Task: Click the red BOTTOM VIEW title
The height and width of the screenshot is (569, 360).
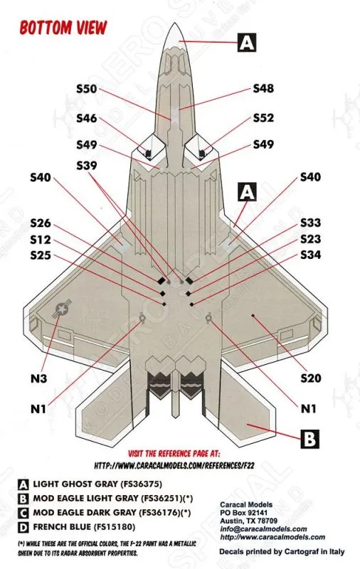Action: [63, 28]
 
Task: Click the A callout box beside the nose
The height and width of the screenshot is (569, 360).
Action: [247, 43]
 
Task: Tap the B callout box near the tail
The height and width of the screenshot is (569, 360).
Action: [309, 439]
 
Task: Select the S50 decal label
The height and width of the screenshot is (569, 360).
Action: [86, 88]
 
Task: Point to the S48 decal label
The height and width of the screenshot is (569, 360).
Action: [263, 88]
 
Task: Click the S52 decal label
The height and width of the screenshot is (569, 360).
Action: [263, 118]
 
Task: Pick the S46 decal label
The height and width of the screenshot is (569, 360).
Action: [86, 118]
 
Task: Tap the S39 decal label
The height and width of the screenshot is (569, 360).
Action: [86, 166]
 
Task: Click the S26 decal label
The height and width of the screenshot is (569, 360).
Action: [41, 223]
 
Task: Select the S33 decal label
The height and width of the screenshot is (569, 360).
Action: [311, 223]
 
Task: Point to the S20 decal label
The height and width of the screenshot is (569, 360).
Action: [311, 378]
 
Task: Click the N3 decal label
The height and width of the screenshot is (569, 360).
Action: [38, 379]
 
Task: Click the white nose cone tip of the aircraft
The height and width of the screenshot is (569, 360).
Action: [174, 35]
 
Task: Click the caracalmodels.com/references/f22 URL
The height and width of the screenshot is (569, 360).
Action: [174, 465]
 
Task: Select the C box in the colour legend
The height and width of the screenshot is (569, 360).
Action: [23, 513]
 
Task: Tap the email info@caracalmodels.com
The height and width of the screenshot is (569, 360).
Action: [263, 529]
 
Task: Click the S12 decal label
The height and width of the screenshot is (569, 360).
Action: [41, 240]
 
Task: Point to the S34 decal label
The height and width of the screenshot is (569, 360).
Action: [311, 255]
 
